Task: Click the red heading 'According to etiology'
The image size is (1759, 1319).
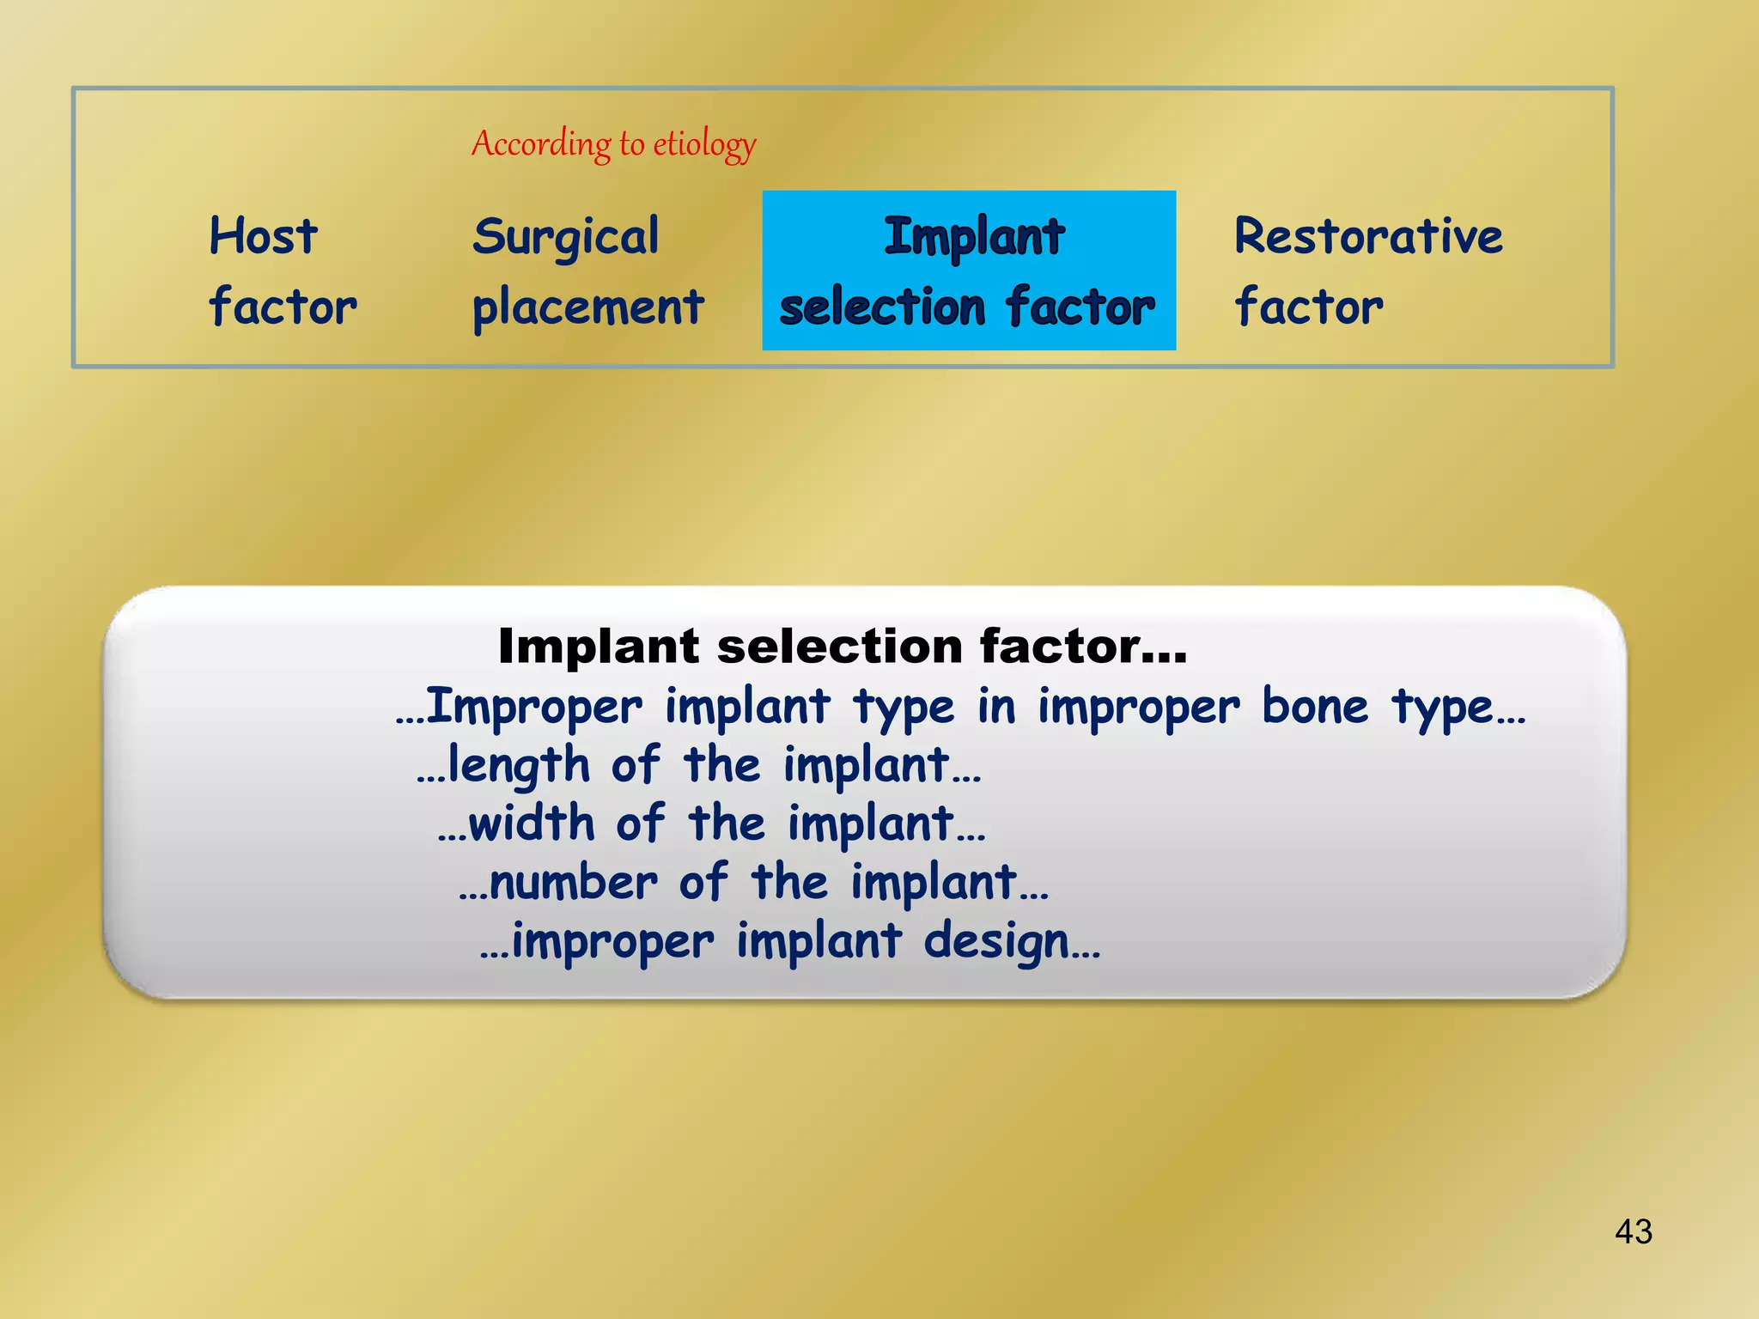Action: coord(613,143)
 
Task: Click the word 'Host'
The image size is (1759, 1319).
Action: coord(264,236)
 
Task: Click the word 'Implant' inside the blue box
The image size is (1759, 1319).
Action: coord(974,237)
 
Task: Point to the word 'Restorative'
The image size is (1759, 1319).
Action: coord(1368,236)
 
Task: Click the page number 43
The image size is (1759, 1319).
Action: coord(1633,1231)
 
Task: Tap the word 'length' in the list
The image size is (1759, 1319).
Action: coord(519,765)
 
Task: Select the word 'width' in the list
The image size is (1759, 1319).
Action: coord(532,824)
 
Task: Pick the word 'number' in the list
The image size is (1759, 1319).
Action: coord(574,883)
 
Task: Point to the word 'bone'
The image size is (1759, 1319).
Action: coord(1314,707)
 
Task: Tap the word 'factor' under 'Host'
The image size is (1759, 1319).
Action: coord(283,307)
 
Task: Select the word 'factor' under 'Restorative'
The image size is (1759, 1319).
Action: coord(1309,307)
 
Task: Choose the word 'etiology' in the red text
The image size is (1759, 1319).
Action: coord(704,144)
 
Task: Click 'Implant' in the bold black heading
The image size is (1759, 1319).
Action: coord(599,646)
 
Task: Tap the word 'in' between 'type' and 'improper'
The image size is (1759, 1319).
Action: coord(995,707)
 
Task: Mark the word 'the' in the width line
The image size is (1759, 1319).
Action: coord(726,824)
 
